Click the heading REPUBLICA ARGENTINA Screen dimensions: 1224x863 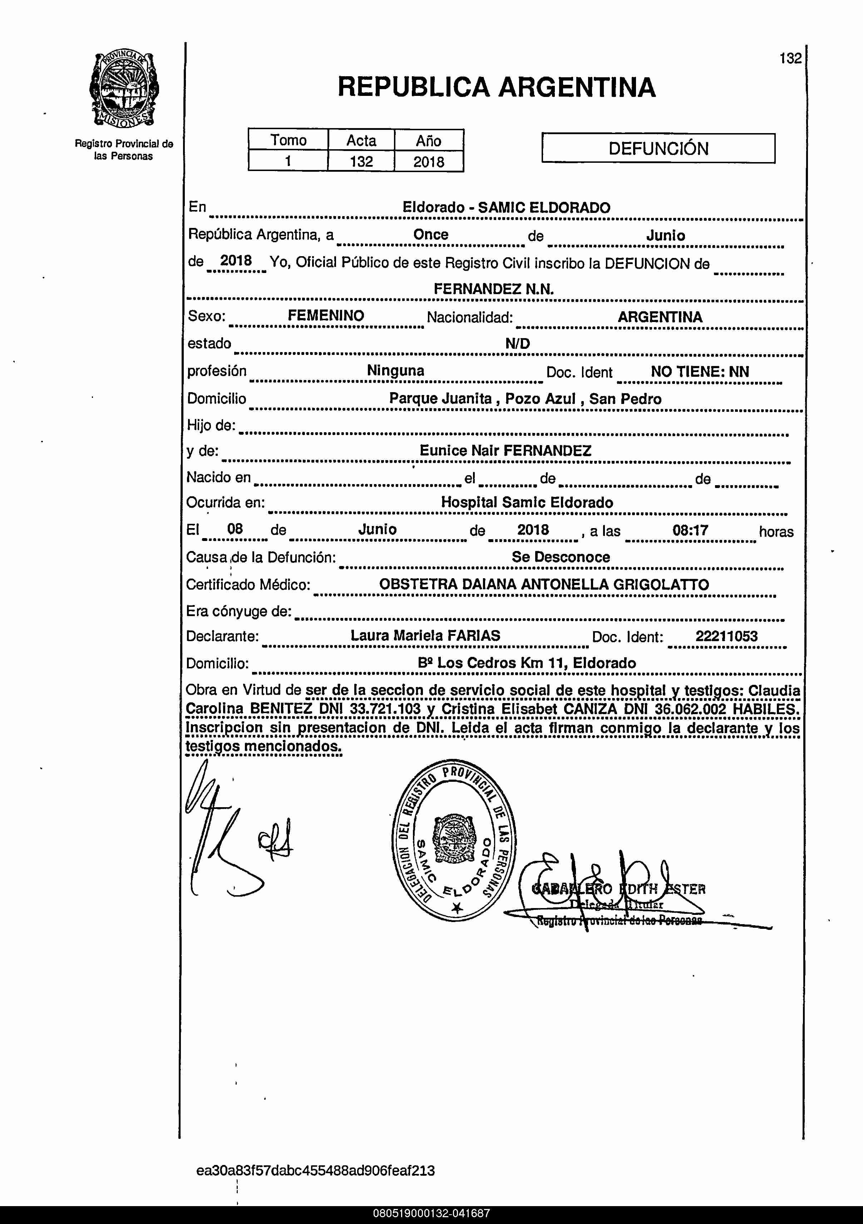[x=497, y=87]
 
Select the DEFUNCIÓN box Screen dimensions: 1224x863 [x=659, y=148]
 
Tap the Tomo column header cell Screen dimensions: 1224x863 [x=288, y=140]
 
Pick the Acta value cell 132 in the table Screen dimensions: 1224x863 [x=361, y=161]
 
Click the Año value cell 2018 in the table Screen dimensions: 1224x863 [x=429, y=161]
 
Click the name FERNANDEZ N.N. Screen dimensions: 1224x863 [x=493, y=289]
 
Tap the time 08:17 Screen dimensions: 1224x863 [x=690, y=530]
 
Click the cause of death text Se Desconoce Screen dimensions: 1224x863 [x=561, y=557]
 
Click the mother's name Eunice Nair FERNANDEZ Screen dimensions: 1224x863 [x=505, y=450]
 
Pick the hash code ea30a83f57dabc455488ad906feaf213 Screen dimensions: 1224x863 [x=315, y=1171]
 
